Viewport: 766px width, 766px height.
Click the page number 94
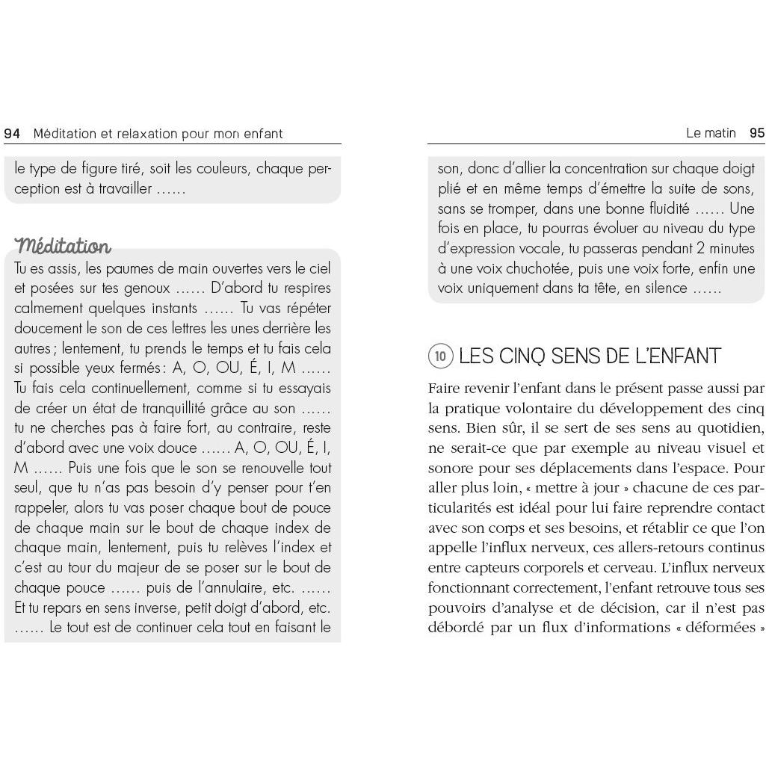pos(12,134)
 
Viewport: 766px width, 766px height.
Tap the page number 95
pos(756,133)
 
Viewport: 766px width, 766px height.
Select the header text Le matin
pos(711,133)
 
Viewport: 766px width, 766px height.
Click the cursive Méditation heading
pos(63,245)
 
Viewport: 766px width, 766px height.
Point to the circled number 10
pos(440,356)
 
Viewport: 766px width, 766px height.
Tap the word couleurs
pos(213,169)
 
